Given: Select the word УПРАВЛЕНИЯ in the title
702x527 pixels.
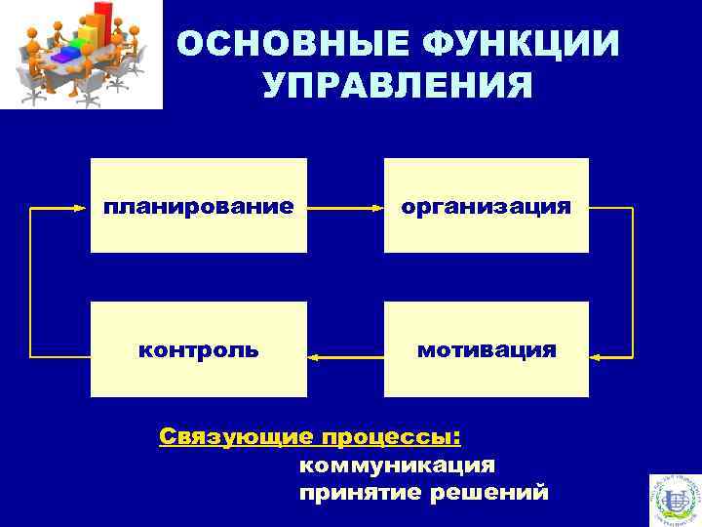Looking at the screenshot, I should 397,86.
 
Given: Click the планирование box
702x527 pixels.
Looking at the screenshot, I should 199,205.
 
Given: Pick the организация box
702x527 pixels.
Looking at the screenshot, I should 487,205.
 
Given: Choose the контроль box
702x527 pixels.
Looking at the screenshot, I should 199,349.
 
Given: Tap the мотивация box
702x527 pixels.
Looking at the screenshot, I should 487,349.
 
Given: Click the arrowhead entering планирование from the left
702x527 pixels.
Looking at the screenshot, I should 84,207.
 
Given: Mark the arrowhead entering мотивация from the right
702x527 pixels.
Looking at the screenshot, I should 596,358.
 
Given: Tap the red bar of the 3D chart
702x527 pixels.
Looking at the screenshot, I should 97,20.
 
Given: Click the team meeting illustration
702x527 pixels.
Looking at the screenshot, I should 80,54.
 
